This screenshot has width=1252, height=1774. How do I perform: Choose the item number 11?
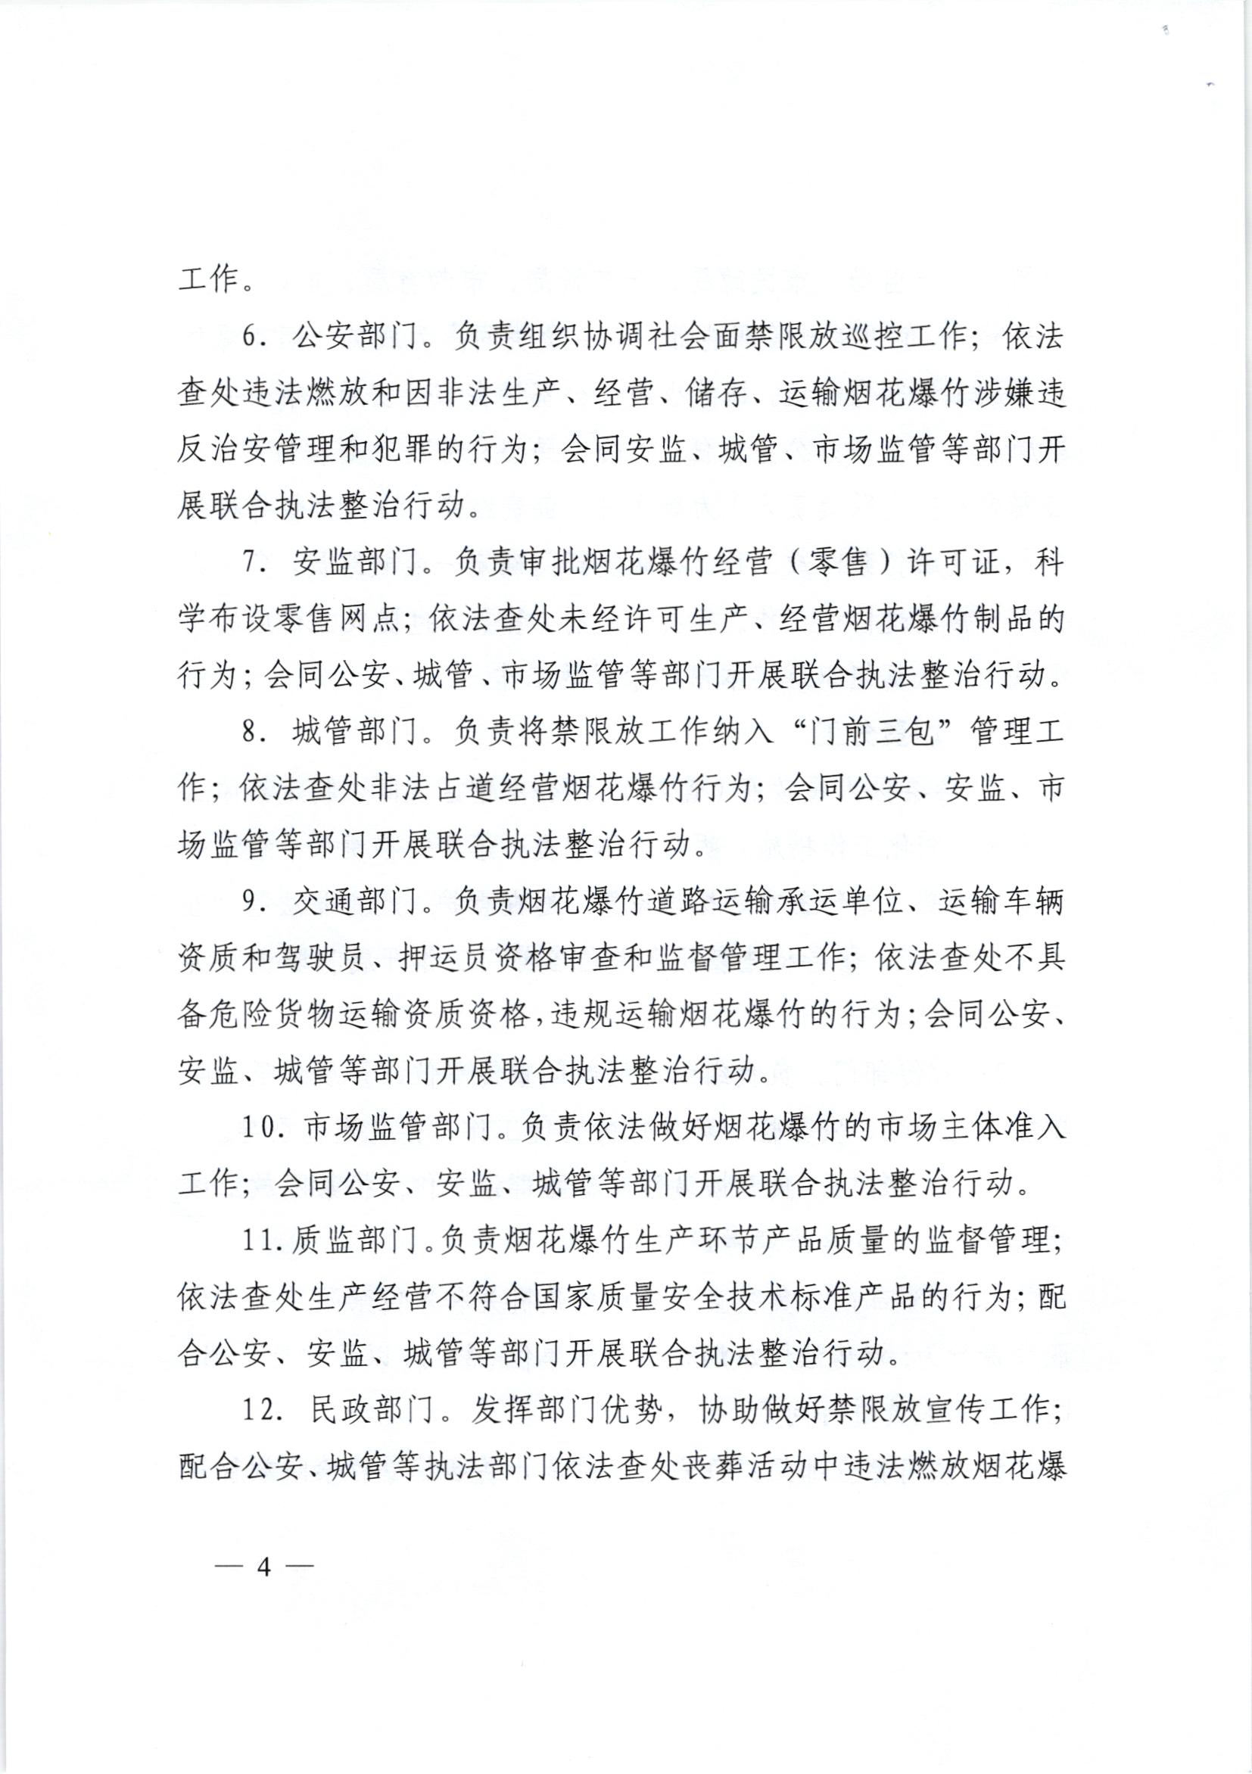coord(257,1241)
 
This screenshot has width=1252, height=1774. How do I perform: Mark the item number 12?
coord(258,1410)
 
